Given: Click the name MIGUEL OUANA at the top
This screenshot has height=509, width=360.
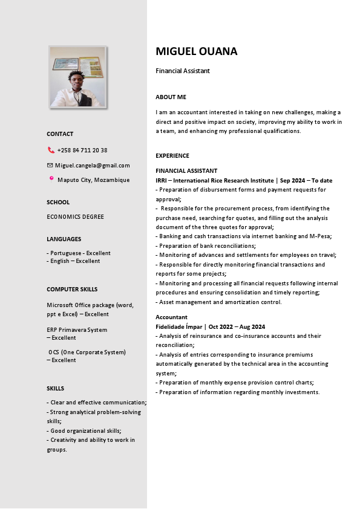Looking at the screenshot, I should (196, 51).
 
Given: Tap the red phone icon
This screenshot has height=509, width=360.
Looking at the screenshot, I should (51, 150).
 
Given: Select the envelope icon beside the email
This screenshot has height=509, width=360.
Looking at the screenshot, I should (50, 165).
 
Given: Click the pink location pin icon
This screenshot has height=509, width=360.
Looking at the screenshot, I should (51, 178).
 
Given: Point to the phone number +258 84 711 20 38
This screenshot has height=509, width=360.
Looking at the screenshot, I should (82, 150).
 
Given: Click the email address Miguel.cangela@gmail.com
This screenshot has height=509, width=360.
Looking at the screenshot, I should (92, 165).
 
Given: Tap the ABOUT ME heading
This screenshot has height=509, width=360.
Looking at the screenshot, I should (171, 97).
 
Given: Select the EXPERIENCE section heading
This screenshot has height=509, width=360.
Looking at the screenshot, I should (172, 155).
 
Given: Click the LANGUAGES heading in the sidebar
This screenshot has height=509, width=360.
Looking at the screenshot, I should (64, 239).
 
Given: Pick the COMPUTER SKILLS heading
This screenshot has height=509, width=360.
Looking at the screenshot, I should (72, 289).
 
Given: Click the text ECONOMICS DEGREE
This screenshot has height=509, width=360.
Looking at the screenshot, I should (75, 216).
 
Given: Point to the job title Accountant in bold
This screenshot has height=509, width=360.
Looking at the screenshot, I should (171, 317).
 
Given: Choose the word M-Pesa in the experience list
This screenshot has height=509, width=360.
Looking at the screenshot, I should (320, 236).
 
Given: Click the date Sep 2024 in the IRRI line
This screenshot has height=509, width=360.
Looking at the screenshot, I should (293, 180).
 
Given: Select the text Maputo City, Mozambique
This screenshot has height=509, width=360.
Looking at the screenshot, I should (93, 180).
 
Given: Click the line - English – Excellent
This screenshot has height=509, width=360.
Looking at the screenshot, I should (73, 261).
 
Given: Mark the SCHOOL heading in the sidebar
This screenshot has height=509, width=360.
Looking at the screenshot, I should (58, 202).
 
